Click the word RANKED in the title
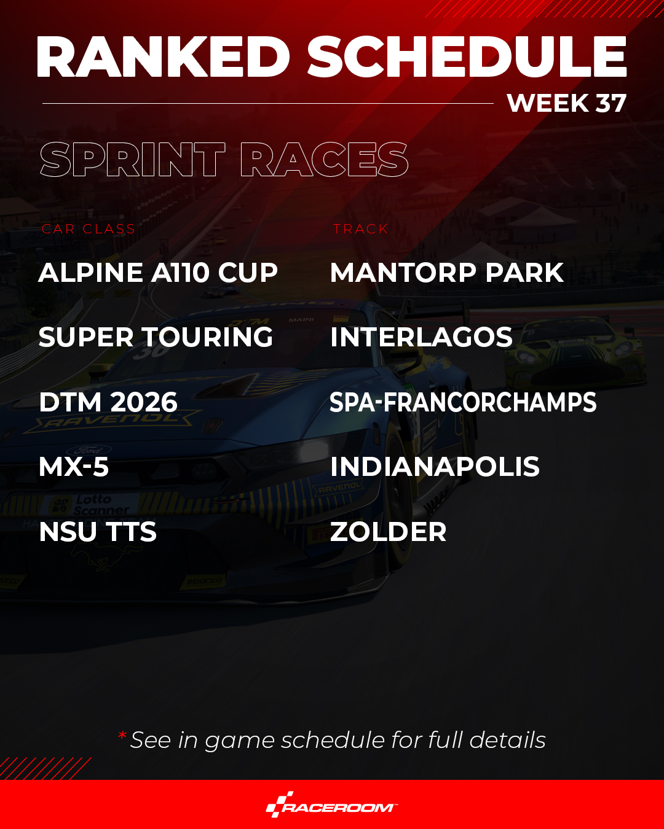click(163, 57)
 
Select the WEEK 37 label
click(567, 103)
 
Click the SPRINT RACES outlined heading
click(224, 159)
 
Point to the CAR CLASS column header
click(89, 229)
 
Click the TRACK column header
click(360, 229)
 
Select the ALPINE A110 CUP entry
click(158, 273)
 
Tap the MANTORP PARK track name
click(447, 273)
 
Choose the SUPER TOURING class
click(156, 337)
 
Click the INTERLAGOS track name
click(422, 337)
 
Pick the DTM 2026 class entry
click(108, 402)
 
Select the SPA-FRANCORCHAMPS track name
click(463, 402)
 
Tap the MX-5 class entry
click(74, 467)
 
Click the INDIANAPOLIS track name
click(435, 467)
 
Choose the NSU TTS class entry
click(98, 532)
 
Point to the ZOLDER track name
click(389, 532)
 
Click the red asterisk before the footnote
click(122, 735)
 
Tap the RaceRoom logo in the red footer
click(332, 804)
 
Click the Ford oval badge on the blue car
click(89, 450)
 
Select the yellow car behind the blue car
click(575, 351)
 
